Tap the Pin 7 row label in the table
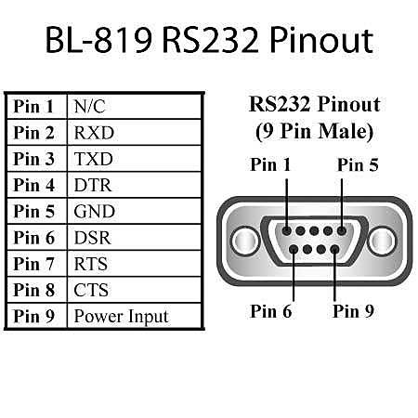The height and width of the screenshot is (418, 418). (34, 264)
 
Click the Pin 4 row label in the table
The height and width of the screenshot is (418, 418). (34, 185)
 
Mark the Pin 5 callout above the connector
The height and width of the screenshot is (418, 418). (358, 164)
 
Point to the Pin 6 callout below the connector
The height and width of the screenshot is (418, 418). (271, 311)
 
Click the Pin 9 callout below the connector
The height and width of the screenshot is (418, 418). (353, 311)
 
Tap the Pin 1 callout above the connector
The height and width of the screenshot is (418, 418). (270, 164)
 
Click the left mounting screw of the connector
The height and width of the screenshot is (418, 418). (245, 241)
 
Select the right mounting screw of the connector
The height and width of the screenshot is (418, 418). (383, 241)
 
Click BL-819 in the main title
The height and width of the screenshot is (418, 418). (98, 40)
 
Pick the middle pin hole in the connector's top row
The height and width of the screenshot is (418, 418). (314, 230)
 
